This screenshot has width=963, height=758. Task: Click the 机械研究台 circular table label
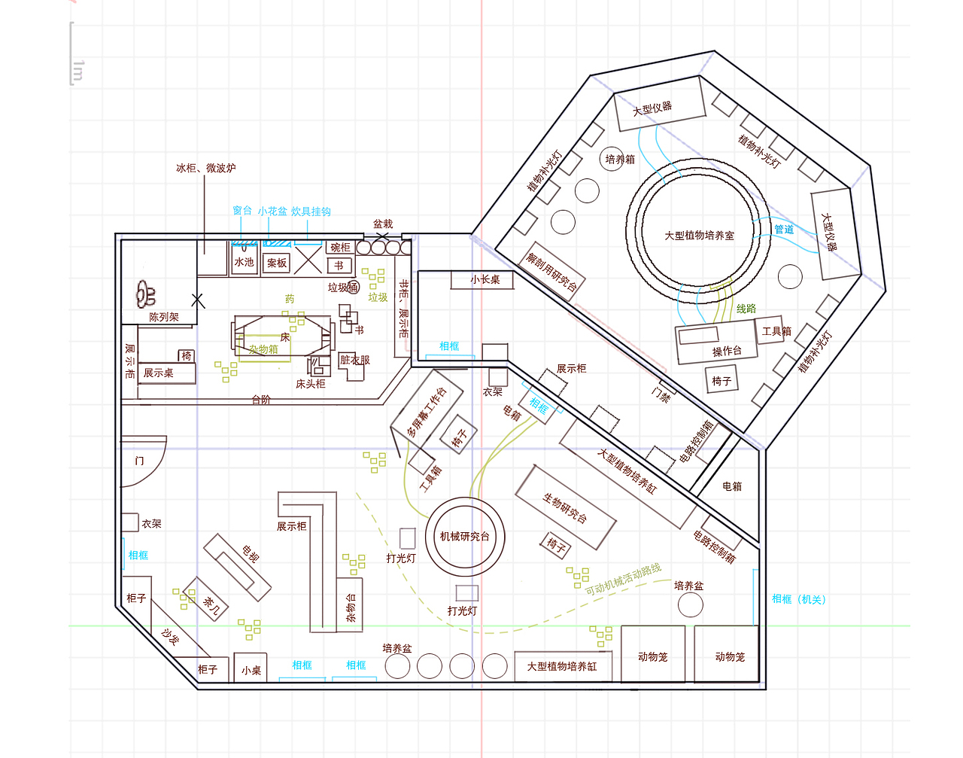pyautogui.click(x=464, y=537)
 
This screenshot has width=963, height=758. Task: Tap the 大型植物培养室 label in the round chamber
pyautogui.click(x=699, y=236)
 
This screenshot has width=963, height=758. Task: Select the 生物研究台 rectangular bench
pyautogui.click(x=566, y=508)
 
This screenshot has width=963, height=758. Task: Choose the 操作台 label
pyautogui.click(x=726, y=351)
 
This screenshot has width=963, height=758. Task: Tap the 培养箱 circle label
pyautogui.click(x=620, y=159)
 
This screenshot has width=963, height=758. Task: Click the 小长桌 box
pyautogui.click(x=485, y=279)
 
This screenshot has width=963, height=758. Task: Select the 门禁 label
pyautogui.click(x=661, y=393)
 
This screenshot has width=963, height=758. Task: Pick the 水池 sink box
pyautogui.click(x=244, y=262)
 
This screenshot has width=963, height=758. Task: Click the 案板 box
pyautogui.click(x=277, y=263)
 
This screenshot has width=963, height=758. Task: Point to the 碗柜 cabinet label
pyautogui.click(x=340, y=247)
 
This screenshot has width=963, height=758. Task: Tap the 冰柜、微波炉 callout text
pyautogui.click(x=205, y=168)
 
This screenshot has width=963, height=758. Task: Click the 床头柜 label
pyautogui.click(x=310, y=384)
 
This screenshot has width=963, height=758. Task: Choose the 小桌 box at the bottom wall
pyautogui.click(x=251, y=669)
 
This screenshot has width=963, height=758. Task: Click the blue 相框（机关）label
pyautogui.click(x=798, y=599)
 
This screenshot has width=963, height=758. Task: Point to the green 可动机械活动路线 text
pyautogui.click(x=623, y=579)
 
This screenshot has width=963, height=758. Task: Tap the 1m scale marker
pyautogui.click(x=77, y=70)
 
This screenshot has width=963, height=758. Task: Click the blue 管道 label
pyautogui.click(x=783, y=230)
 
